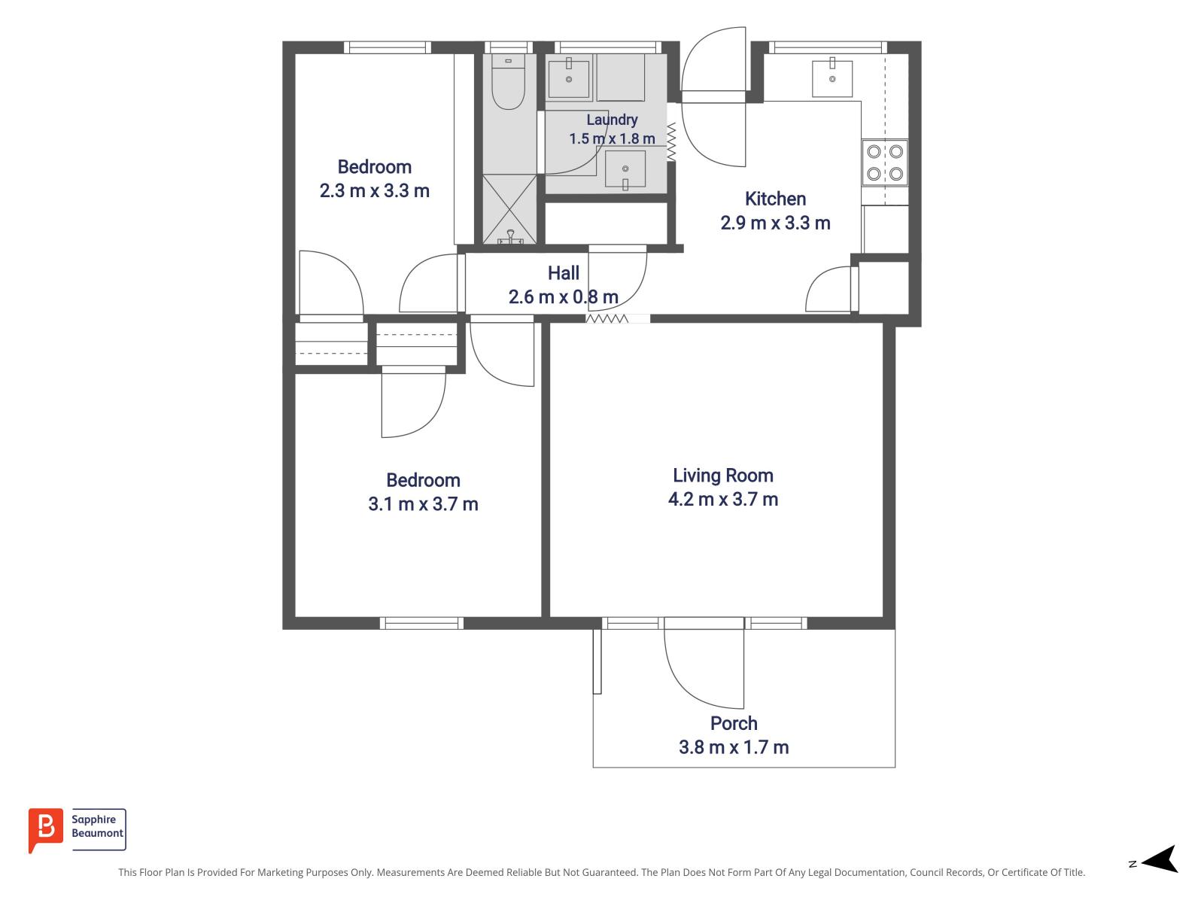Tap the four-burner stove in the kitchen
[x=884, y=163]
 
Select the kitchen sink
[x=832, y=78]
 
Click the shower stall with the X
[x=509, y=209]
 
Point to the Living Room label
[x=723, y=476]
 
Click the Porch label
[x=734, y=723]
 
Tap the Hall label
[x=564, y=273]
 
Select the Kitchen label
[x=775, y=199]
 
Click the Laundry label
[x=612, y=120]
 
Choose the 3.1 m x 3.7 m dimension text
[x=423, y=504]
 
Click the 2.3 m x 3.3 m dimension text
[x=374, y=191]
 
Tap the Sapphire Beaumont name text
[x=97, y=826]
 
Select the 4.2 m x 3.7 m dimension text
[x=723, y=500]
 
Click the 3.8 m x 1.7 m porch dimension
[x=734, y=747]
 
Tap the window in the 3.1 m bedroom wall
[x=421, y=623]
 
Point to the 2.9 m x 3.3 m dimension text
[x=775, y=223]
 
